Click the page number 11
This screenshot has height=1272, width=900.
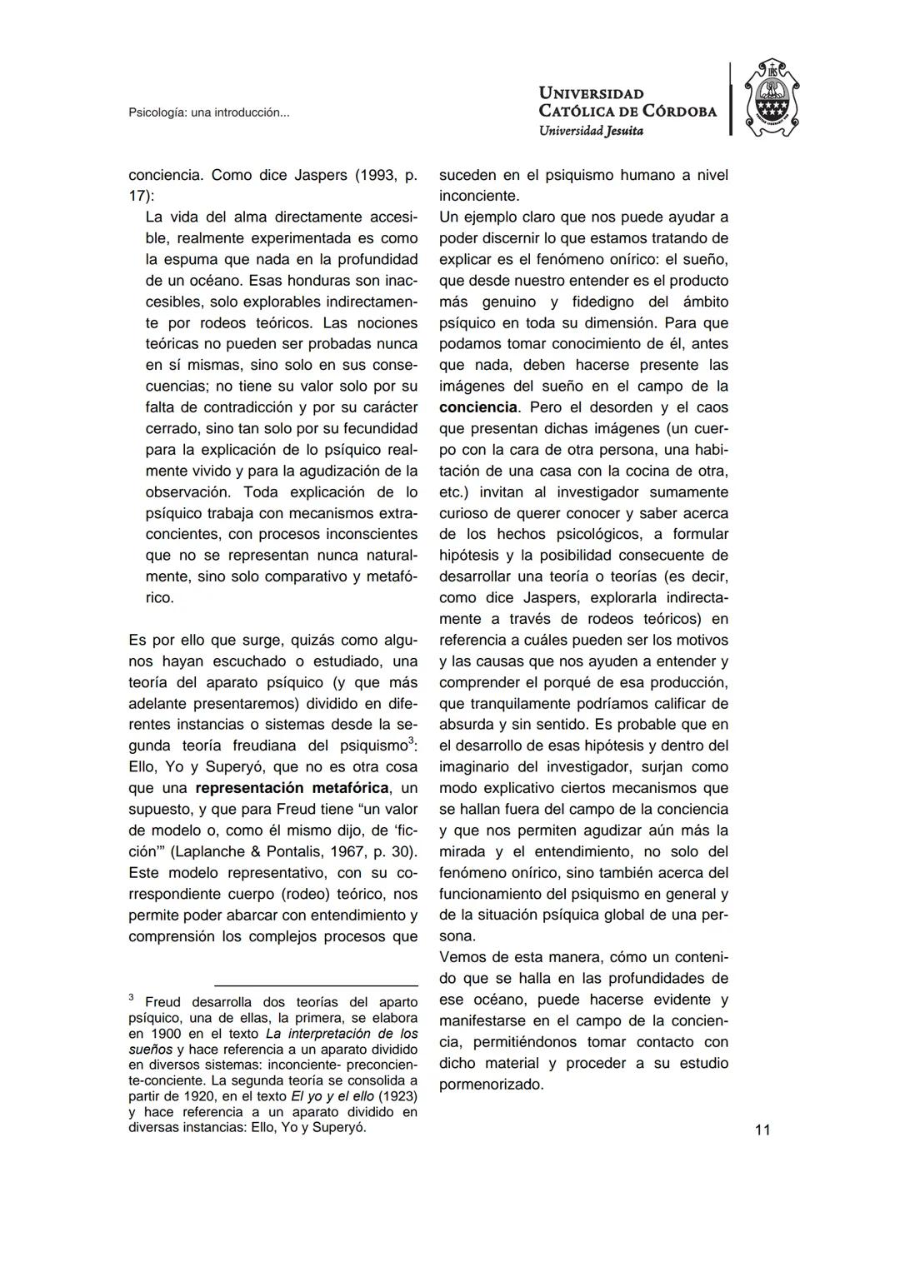762,1130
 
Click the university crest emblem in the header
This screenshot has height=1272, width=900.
771,98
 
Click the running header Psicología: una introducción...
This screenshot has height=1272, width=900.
208,112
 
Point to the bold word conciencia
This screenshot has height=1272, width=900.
478,407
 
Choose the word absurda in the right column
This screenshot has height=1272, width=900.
467,725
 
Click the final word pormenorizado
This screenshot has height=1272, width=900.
491,1085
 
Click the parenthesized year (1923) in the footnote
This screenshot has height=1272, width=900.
397,1096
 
